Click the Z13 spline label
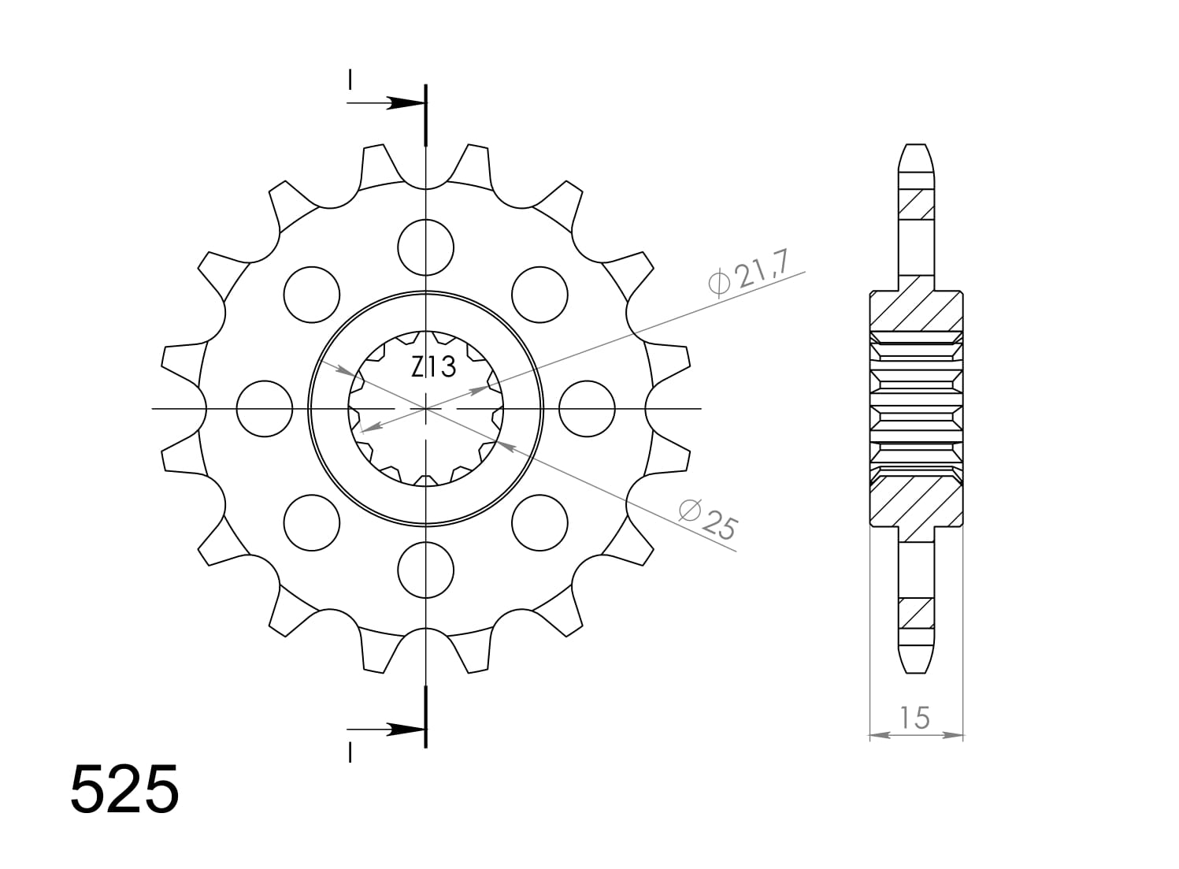(x=433, y=367)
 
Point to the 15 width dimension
(x=915, y=718)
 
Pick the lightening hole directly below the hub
(x=426, y=570)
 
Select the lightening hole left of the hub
(x=265, y=409)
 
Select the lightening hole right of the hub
(x=588, y=409)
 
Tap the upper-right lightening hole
(x=539, y=295)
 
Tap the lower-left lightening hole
(x=311, y=523)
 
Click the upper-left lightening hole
(x=311, y=295)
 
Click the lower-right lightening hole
(x=539, y=523)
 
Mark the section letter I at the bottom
(x=349, y=752)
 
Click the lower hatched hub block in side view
(x=916, y=504)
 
